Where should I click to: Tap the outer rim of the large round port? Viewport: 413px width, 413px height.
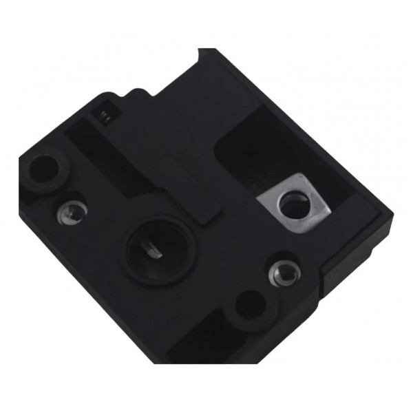pyautogui.click(x=131, y=262)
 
